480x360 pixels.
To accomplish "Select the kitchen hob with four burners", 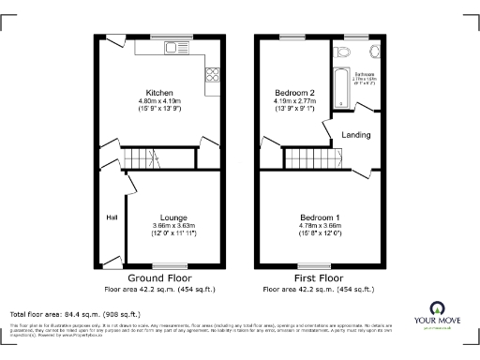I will [x=212, y=75].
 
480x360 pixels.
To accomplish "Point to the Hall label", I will [x=111, y=217].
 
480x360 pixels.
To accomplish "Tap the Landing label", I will [x=355, y=135].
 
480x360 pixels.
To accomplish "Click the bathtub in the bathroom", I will [x=338, y=78].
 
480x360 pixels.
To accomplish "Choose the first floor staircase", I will [x=305, y=157].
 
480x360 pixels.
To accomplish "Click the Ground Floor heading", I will [x=160, y=278].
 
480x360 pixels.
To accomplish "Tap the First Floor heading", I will [x=319, y=278].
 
